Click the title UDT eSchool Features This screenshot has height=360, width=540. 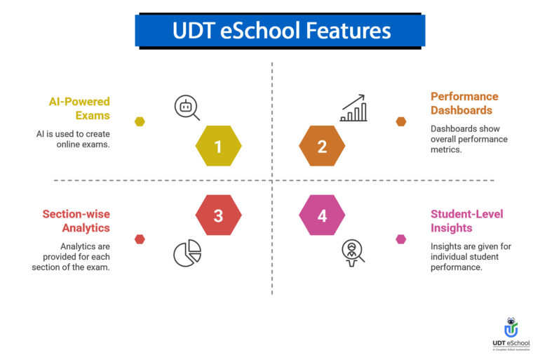tap(281, 32)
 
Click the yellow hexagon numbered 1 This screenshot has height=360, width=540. tap(218, 146)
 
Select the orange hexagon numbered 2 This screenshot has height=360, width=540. tap(322, 146)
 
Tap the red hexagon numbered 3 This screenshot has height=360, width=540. tap(218, 215)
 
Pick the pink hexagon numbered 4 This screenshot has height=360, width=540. tap(322, 215)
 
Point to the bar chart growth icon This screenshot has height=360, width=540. tap(353, 109)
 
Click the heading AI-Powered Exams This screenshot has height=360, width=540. tap(79, 109)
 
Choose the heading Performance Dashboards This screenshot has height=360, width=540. tap(464, 103)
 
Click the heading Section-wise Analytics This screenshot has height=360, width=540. tap(76, 221)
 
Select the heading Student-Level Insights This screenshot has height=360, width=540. tap(467, 221)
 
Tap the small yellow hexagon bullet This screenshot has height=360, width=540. tap(140, 121)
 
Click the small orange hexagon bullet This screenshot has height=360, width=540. tap(400, 121)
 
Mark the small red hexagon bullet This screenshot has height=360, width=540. tap(140, 239)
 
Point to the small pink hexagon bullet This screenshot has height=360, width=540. tap(400, 239)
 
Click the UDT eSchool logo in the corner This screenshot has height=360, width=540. tap(511, 334)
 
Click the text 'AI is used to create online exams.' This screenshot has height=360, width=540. tap(74, 139)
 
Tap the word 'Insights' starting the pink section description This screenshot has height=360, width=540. tap(445, 246)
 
